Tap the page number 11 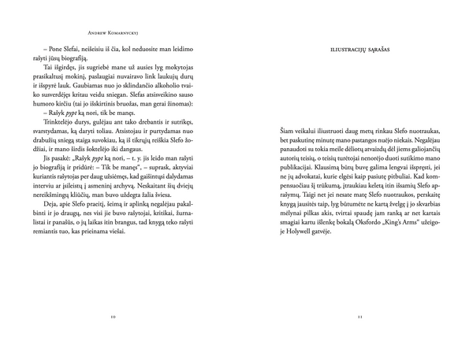[359, 316]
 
